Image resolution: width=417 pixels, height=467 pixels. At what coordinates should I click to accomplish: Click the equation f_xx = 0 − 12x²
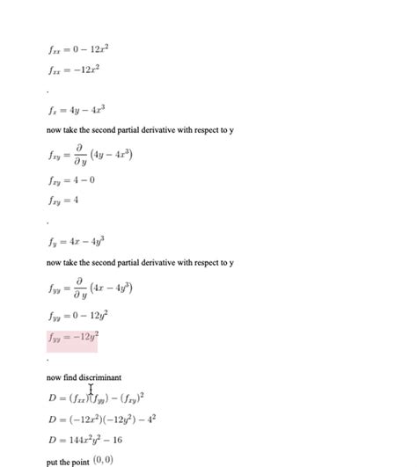pos(78,50)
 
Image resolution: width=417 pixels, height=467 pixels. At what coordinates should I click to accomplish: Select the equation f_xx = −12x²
pos(74,69)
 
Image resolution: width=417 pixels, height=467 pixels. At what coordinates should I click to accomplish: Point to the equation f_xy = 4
pos(66,200)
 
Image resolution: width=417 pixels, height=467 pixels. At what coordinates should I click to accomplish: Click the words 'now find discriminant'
pos(84,377)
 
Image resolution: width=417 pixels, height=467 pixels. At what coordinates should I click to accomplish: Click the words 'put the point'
pos(67,461)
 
